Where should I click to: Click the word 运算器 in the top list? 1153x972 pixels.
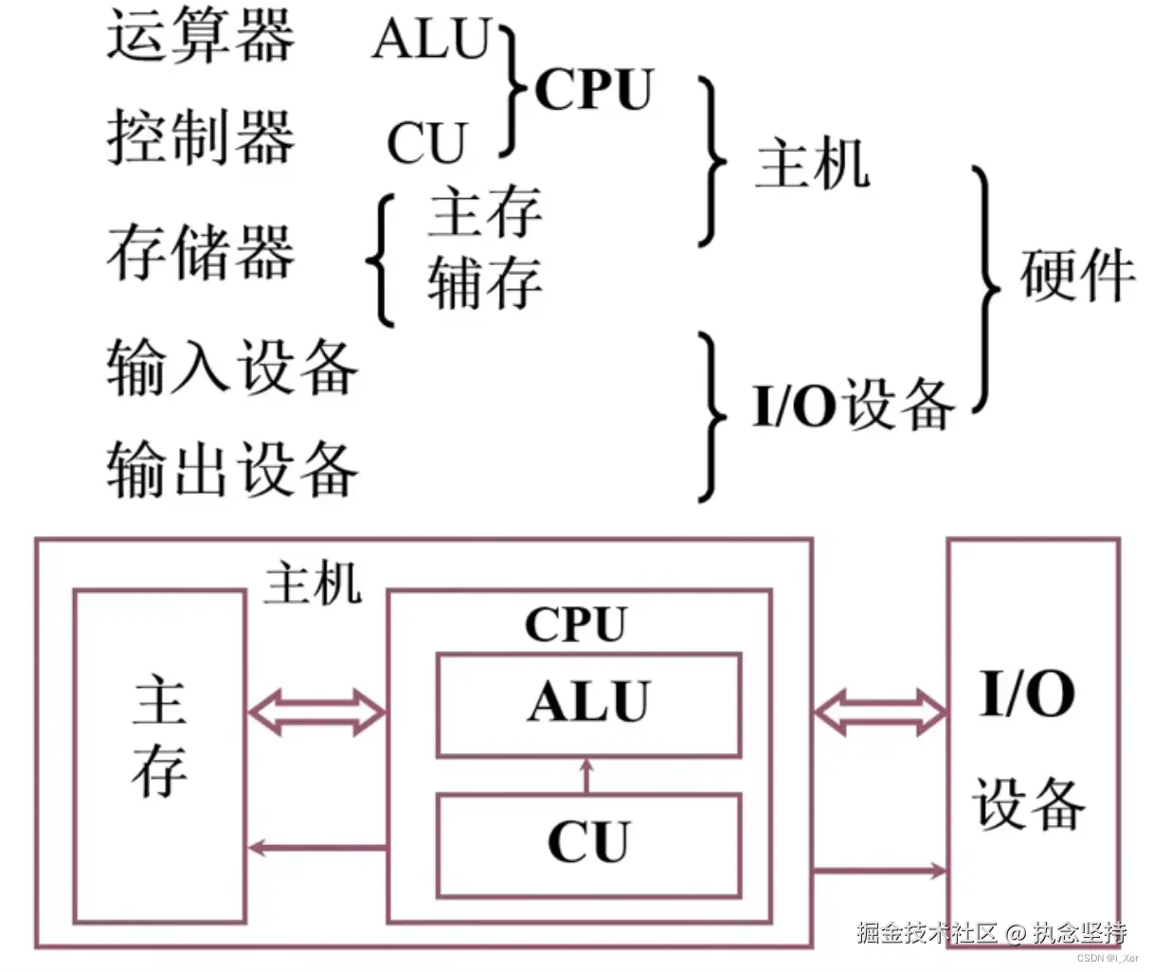pos(200,38)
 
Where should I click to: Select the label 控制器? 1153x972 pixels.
pos(200,137)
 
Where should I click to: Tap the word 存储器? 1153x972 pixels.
pos(200,252)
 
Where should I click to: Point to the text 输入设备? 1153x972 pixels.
pos(232,368)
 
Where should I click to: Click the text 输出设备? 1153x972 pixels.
pos(232,469)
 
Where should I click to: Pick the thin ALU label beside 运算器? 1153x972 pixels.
pos(432,40)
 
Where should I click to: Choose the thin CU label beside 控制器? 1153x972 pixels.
pos(426,144)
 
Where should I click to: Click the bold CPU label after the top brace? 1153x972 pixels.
pos(594,91)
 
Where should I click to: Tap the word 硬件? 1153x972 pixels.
pos(1077,276)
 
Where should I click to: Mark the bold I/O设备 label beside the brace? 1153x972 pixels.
pos(853,405)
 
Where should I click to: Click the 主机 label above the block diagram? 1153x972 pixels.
pos(313,583)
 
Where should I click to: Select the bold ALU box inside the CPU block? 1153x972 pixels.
pos(588,704)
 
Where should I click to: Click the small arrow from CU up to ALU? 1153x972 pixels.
pos(586,776)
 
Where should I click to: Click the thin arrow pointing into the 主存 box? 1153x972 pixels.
pos(316,848)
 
